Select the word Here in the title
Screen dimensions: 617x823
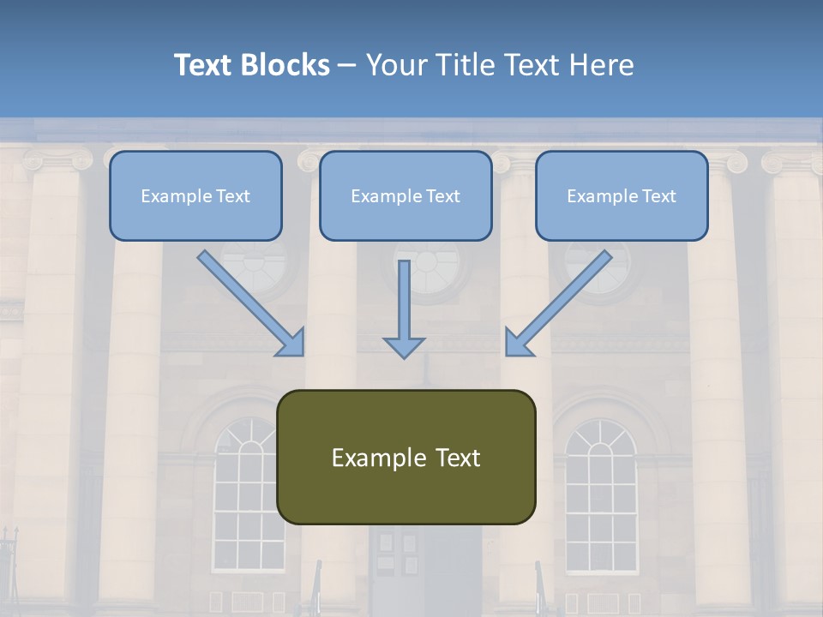(x=602, y=65)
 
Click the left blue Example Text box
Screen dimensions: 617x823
(x=195, y=196)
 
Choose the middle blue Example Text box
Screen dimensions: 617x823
(x=405, y=196)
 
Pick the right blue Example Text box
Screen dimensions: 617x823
(x=622, y=196)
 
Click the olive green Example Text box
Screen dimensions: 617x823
(x=405, y=457)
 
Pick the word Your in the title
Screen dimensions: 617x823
(x=395, y=65)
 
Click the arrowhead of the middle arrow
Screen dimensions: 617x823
(x=404, y=347)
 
